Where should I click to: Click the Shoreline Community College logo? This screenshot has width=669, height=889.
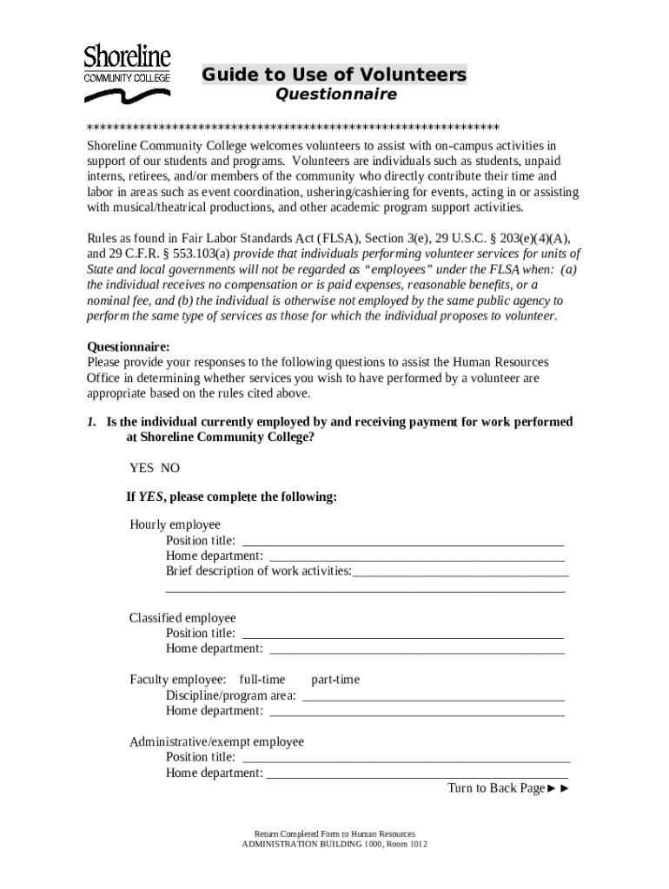[127, 65]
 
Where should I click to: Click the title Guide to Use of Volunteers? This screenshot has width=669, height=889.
[334, 76]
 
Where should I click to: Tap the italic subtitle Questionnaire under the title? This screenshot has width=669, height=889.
[335, 94]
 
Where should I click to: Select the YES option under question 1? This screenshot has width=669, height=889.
[142, 468]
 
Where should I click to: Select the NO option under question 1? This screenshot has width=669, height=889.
[170, 468]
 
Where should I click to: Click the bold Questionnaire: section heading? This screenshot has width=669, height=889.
[129, 346]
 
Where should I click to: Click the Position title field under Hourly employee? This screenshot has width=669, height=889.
[402, 540]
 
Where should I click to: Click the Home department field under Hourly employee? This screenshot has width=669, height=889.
[417, 556]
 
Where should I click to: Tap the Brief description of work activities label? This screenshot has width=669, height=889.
[259, 571]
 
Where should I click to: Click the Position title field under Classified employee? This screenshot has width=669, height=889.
[402, 633]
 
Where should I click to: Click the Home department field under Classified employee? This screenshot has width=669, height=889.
[417, 649]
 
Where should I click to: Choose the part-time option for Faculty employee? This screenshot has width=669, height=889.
[334, 680]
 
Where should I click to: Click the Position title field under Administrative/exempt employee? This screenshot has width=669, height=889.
[406, 757]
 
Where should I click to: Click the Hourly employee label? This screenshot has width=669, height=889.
[175, 524]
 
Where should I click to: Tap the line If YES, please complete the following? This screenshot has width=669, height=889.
[231, 497]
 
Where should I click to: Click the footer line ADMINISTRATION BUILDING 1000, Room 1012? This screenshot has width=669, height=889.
[334, 845]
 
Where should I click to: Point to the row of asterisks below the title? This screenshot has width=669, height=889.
[293, 126]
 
